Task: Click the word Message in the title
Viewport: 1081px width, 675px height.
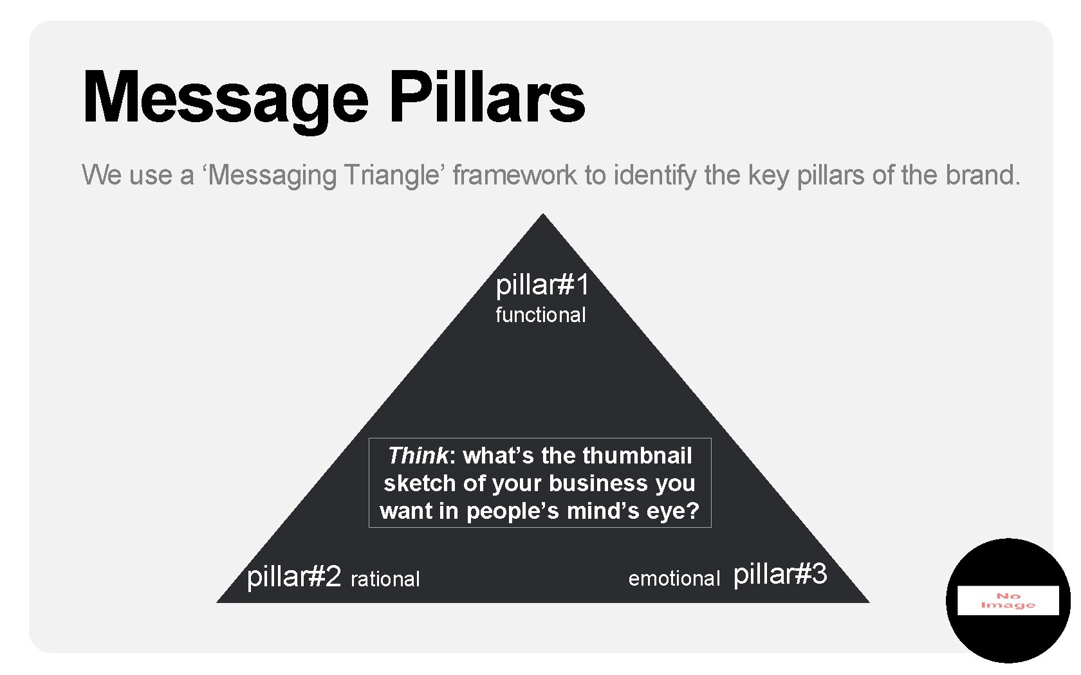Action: pos(225,98)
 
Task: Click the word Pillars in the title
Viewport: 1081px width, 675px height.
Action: pos(487,98)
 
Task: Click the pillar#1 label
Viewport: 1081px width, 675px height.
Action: pos(542,285)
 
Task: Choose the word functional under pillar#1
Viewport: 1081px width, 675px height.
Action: pos(540,315)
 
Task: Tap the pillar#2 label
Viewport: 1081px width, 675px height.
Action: pos(294,577)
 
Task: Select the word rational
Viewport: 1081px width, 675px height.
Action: pos(385,579)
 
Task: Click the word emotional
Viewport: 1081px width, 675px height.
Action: pos(674,579)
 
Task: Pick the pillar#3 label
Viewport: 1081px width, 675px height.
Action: pos(780,574)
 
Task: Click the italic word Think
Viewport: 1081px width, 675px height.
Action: pos(418,456)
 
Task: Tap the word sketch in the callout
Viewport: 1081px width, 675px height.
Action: pos(415,483)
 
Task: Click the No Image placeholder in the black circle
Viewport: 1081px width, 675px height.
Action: pos(1008,600)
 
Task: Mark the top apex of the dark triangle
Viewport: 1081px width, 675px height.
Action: pos(543,215)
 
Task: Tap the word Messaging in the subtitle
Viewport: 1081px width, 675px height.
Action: pos(273,175)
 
